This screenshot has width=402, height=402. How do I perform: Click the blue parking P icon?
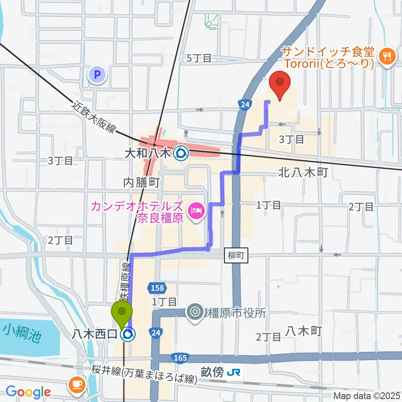tap(97, 75)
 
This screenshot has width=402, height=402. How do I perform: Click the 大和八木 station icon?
tap(181, 154)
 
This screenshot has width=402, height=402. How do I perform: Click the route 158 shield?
tap(158, 288)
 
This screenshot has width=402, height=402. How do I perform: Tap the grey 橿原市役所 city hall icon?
tap(196, 312)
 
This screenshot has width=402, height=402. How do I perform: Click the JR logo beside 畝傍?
tap(233, 372)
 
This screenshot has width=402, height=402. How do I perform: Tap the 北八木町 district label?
tap(302, 172)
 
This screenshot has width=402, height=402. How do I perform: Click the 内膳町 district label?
tap(142, 182)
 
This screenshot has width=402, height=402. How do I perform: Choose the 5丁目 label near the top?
tap(199, 59)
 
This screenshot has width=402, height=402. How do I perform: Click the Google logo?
tap(28, 392)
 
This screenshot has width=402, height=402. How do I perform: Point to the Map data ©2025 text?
tap(367, 396)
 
